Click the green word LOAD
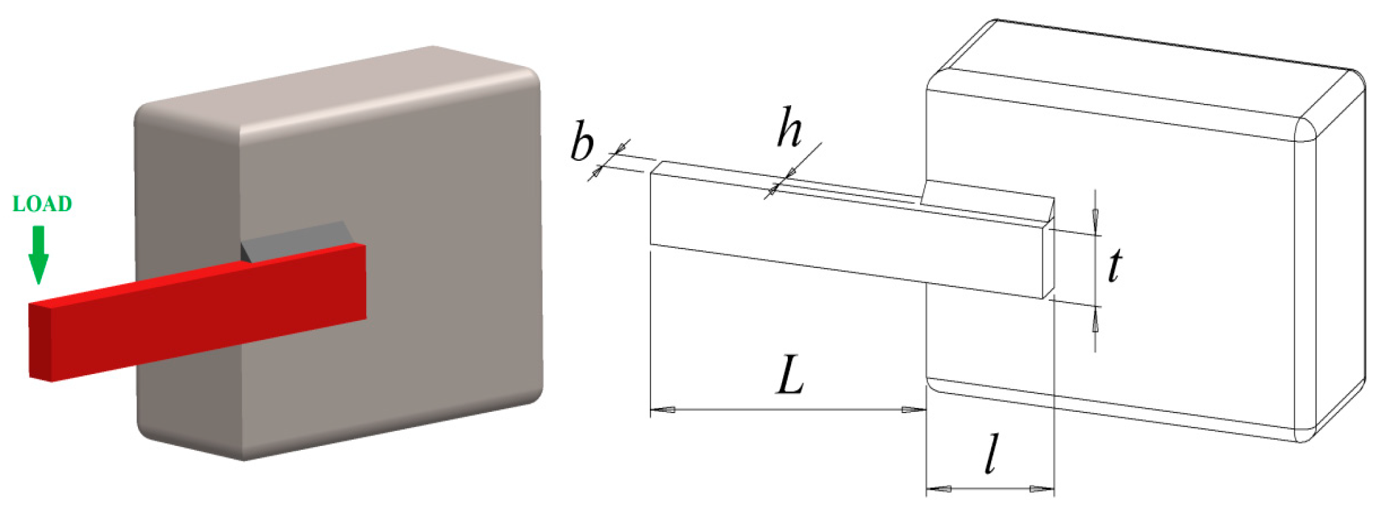coord(42,204)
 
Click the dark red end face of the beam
coord(40,342)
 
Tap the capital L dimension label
coord(790,376)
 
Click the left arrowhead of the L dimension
coord(663,410)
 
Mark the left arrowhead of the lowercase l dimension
coord(939,488)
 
